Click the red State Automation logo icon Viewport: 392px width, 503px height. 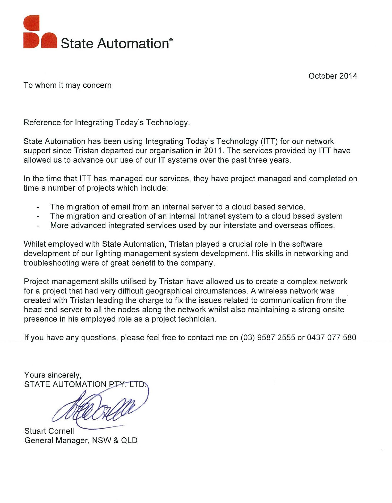[x=40, y=32]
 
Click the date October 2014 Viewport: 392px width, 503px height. [x=333, y=76]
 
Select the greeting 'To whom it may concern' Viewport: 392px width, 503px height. [x=67, y=85]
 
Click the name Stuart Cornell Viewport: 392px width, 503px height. [x=49, y=431]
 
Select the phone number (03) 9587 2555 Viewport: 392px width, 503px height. [x=268, y=338]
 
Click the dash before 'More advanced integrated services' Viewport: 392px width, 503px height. [x=39, y=226]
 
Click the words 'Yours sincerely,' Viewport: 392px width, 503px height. [x=53, y=375]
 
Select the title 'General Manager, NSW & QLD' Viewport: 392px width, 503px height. [x=81, y=441]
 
